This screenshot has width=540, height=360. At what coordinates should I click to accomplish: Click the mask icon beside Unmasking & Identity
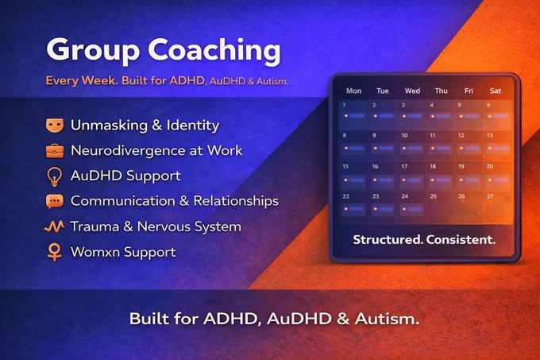[54, 125]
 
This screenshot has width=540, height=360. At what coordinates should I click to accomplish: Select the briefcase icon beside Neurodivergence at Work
[54, 150]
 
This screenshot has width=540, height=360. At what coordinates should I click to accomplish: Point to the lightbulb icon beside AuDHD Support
[54, 176]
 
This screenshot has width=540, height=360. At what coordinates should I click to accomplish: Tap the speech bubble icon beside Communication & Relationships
[54, 201]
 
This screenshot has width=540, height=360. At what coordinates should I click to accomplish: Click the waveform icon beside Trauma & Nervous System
[54, 226]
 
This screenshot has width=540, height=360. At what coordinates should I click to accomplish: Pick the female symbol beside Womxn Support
[54, 252]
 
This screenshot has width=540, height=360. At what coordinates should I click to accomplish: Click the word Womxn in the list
[96, 252]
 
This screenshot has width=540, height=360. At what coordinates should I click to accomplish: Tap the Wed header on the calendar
[411, 90]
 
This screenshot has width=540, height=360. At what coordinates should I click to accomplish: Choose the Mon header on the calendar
[354, 90]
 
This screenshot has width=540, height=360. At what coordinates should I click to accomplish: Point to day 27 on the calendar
[490, 196]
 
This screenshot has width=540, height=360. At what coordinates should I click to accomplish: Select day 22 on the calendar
[346, 196]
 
